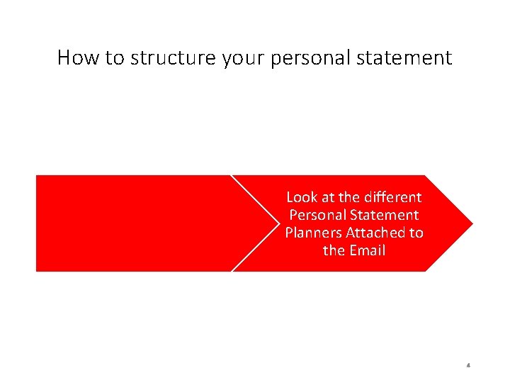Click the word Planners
(313, 232)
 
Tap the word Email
(368, 250)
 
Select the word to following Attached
(416, 232)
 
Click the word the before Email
(334, 250)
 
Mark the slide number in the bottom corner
(469, 366)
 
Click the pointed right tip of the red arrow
(470, 223)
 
